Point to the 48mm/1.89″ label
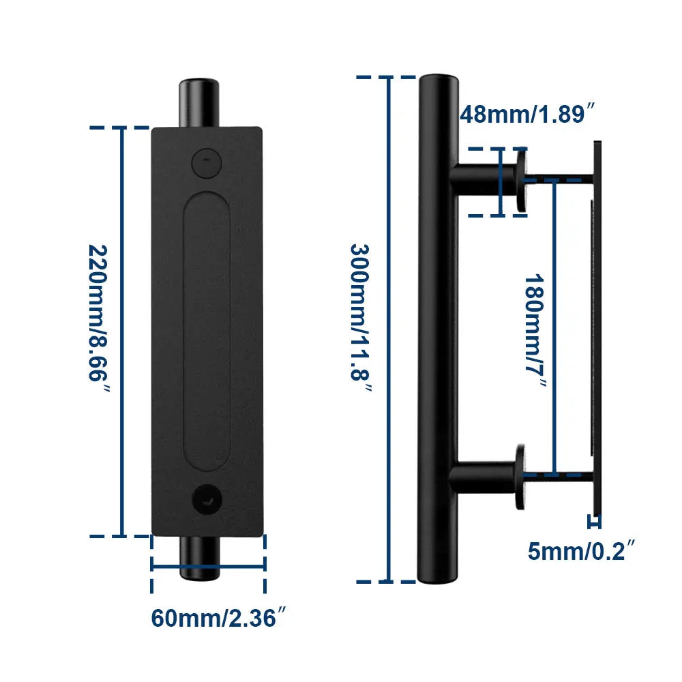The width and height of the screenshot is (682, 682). pos(523,114)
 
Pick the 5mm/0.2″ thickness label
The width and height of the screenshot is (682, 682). pos(582,550)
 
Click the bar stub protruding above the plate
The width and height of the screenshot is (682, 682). pos(202,103)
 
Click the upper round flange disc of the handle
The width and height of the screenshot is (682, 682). pos(522,181)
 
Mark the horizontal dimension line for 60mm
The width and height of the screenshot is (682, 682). pos(208,565)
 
